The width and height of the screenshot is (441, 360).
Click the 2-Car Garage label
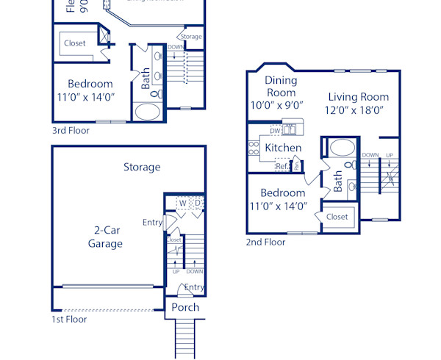tap(105, 237)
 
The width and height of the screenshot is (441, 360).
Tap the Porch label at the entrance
tap(185, 307)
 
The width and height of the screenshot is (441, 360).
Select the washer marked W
tap(182, 203)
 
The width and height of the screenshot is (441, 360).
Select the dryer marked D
tap(197, 203)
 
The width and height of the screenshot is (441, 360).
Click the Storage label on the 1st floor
tap(142, 167)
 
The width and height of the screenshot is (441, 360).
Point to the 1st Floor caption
tap(69, 320)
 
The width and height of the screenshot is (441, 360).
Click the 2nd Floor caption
tap(265, 242)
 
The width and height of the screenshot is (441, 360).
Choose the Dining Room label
tap(280, 87)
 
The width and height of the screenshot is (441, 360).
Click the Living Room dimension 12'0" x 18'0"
tap(358, 110)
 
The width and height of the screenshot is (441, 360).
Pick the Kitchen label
tap(283, 148)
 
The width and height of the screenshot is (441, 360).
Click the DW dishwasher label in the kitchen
tap(275, 131)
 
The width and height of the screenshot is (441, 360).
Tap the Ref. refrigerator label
tap(282, 166)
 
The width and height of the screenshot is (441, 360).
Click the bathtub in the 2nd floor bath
tap(342, 147)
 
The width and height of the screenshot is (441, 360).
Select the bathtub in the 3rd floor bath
tap(148, 112)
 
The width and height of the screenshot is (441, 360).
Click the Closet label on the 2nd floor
tap(337, 217)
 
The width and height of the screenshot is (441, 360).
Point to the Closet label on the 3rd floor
tap(74, 43)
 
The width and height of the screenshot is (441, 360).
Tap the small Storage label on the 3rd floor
tap(191, 37)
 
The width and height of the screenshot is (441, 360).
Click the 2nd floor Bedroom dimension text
tap(278, 206)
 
